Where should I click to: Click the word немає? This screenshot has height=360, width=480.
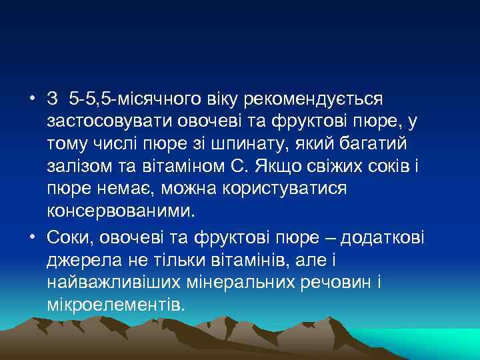pyautogui.click(x=131, y=189)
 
